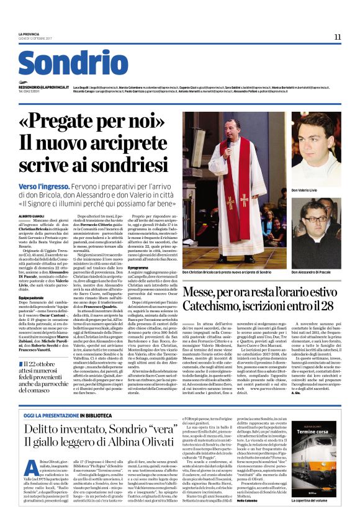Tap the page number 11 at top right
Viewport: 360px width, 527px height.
click(x=337, y=37)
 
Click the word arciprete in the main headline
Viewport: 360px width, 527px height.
click(x=125, y=143)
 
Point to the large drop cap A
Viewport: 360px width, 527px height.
click(x=30, y=456)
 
